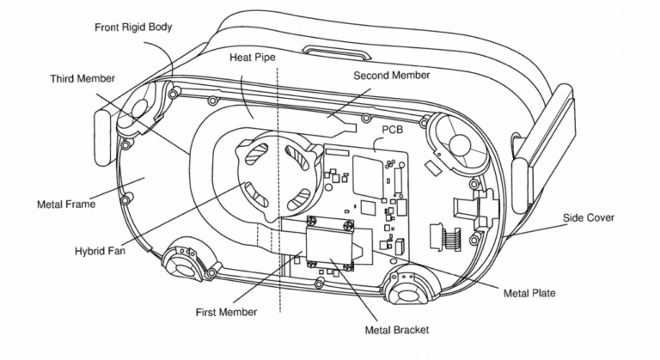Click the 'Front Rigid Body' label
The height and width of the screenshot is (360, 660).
pyautogui.click(x=133, y=27)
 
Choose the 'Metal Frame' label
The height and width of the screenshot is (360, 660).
pyautogui.click(x=66, y=204)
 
